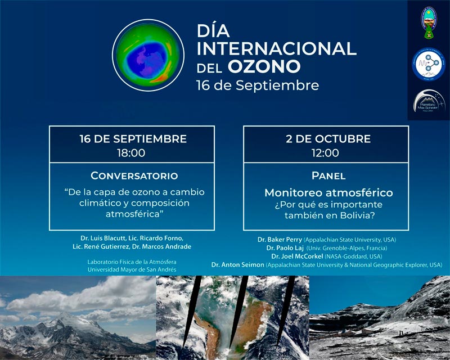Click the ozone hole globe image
tap(148, 56)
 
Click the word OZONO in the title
tap(263, 67)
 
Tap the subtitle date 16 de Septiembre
tap(257, 85)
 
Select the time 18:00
tap(132, 152)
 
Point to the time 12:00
tap(325, 152)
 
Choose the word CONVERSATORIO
tap(134, 175)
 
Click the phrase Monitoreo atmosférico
tap(328, 193)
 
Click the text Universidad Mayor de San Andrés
tap(132, 269)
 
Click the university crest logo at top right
tap(429, 24)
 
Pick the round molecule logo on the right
tap(429, 64)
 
